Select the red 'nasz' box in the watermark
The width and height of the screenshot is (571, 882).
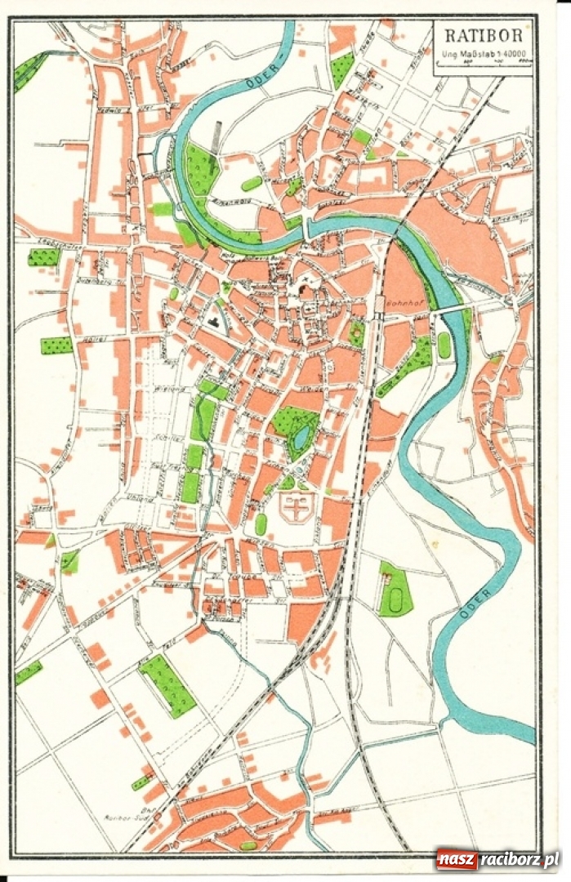point(456,859)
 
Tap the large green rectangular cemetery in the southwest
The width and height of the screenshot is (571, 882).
point(167,685)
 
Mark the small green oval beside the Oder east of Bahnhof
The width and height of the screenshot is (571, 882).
point(444,345)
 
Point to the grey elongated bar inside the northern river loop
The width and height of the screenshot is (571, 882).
point(216,136)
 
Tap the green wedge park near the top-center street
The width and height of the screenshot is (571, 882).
point(342,70)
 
